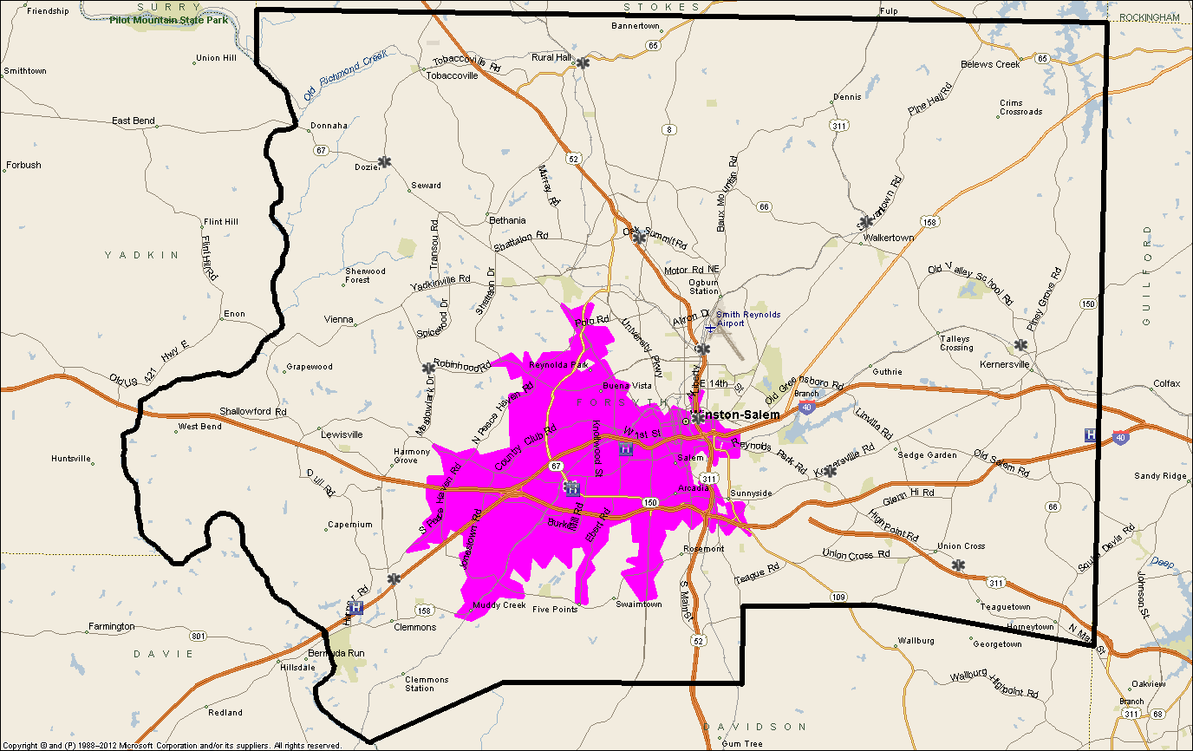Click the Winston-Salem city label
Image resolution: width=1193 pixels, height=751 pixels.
coord(738,415)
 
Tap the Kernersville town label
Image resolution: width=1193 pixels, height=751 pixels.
coord(1004,365)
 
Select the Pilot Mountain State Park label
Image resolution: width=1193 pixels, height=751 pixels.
coord(169,19)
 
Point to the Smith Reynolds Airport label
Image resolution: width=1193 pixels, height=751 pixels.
coord(748,319)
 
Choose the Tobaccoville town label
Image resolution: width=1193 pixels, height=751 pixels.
coord(452,75)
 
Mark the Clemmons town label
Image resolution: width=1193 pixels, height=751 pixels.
coord(415,627)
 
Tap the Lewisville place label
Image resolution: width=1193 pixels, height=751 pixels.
coord(342,434)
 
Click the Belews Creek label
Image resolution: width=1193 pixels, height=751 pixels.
coord(990,65)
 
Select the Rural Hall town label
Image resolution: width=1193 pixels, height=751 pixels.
coord(551,57)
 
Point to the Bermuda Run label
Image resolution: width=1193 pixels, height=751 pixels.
coord(330,652)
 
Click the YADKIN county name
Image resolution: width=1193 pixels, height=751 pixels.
coord(141,255)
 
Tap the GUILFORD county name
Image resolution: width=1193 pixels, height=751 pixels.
coord(1147,276)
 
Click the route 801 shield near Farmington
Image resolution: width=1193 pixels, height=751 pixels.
coord(199,637)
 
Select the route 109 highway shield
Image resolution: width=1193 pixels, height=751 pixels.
coord(838,597)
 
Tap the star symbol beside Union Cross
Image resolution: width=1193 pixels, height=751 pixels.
coord(958,565)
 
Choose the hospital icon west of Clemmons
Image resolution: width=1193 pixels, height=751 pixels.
coord(355,608)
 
